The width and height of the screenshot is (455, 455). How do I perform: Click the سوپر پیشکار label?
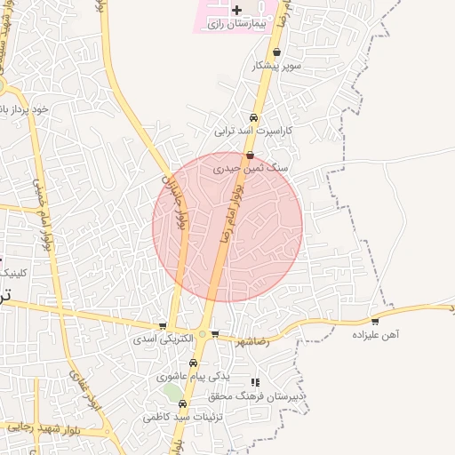tap(278, 66)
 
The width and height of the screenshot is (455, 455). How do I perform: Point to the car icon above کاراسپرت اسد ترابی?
tap(253, 117)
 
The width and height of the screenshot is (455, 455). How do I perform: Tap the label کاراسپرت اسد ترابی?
tap(253, 131)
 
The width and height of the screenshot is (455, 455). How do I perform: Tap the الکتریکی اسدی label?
tap(156, 339)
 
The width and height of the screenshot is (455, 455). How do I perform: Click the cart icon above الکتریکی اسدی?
tap(162, 326)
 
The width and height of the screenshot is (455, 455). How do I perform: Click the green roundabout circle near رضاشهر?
tap(203, 334)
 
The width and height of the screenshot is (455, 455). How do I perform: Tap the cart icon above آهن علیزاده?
tap(375, 322)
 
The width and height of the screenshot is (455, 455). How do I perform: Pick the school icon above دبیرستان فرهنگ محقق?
tap(257, 382)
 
